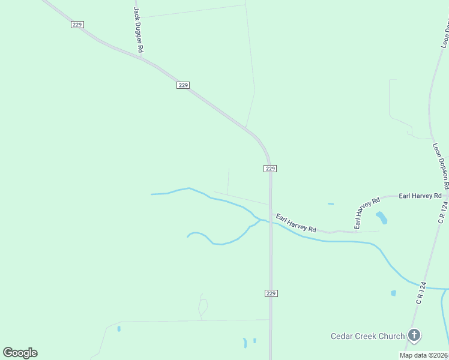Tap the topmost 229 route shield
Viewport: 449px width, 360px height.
77,25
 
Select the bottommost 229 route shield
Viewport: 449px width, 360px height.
270,293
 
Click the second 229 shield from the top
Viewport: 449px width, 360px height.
183,85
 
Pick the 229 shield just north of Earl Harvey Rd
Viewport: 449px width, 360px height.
270,169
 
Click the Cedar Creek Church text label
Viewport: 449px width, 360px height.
367,336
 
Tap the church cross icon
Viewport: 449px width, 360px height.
414,335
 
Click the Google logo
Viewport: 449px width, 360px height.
20,353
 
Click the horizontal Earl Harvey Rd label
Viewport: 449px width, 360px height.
420,196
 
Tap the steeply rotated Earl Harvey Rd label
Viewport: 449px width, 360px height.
367,213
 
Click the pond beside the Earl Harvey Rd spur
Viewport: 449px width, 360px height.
381,217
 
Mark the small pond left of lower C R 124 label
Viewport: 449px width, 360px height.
393,293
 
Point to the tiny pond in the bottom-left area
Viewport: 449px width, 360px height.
119,328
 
